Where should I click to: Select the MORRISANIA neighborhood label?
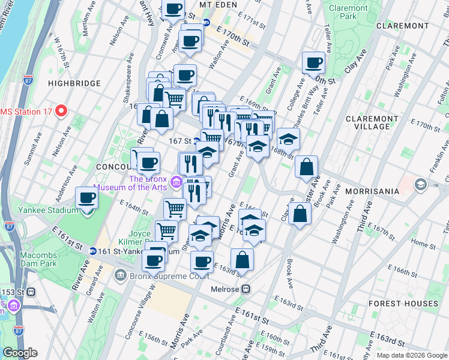tap(372, 191)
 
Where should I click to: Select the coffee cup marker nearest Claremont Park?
tap(313, 63)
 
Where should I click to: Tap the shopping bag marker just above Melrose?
tap(242, 260)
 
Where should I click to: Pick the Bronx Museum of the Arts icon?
tap(176, 181)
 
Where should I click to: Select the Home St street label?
tap(423, 244)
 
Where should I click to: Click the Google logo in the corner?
tap(20, 353)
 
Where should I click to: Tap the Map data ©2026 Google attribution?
tap(411, 355)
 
